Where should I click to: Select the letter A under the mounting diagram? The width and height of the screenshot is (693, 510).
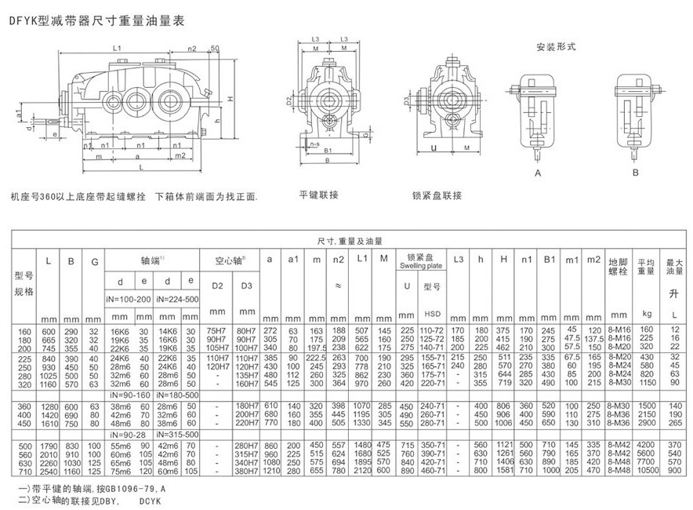pyautogui.click(x=539, y=171)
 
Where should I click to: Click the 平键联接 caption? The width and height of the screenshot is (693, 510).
pyautogui.click(x=319, y=194)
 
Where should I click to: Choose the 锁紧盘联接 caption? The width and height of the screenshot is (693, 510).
pyautogui.click(x=435, y=194)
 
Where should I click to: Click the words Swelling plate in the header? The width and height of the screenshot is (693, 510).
pyautogui.click(x=416, y=267)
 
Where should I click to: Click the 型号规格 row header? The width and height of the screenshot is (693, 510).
pyautogui.click(x=25, y=283)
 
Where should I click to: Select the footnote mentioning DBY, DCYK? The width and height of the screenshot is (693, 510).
pyautogui.click(x=86, y=499)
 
